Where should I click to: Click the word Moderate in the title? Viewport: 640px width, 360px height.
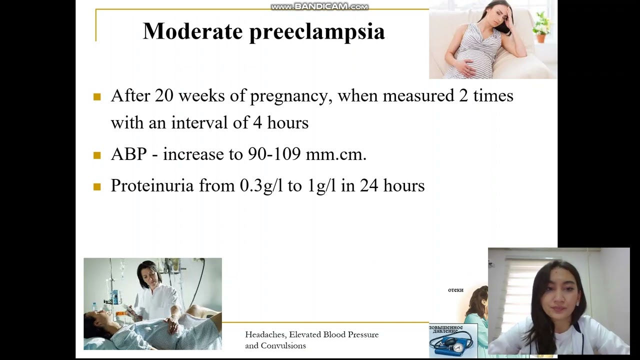coord(192,31)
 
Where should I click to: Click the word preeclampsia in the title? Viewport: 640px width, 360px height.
coord(317,32)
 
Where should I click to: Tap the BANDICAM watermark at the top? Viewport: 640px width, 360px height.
coord(319,6)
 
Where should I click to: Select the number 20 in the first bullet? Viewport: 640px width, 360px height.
coord(164,95)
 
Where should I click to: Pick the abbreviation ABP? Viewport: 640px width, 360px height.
coord(128,154)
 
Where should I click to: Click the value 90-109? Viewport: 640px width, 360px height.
coord(274,154)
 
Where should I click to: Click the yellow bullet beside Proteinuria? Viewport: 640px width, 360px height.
coord(97,186)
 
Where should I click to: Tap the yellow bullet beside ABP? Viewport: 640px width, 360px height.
coord(97,155)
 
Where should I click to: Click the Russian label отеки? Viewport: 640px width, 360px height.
coord(455,290)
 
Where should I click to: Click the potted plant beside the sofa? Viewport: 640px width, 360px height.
coord(541,27)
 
